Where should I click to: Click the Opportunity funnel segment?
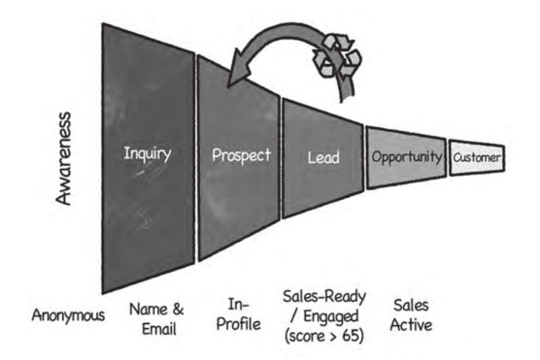[x=406, y=156]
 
